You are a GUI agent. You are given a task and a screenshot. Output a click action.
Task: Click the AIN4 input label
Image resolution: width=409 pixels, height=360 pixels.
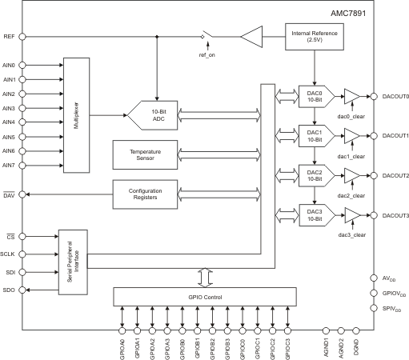tap(10, 122)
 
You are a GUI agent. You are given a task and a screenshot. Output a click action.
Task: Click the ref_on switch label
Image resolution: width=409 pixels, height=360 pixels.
tap(207, 55)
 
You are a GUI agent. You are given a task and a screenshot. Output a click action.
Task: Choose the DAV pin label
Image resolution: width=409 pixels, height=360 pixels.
tap(9, 194)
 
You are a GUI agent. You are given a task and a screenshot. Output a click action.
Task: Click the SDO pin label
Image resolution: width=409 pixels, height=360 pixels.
tap(9, 289)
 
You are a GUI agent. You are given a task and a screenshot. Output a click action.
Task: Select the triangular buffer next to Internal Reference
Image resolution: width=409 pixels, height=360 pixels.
tap(251, 36)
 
